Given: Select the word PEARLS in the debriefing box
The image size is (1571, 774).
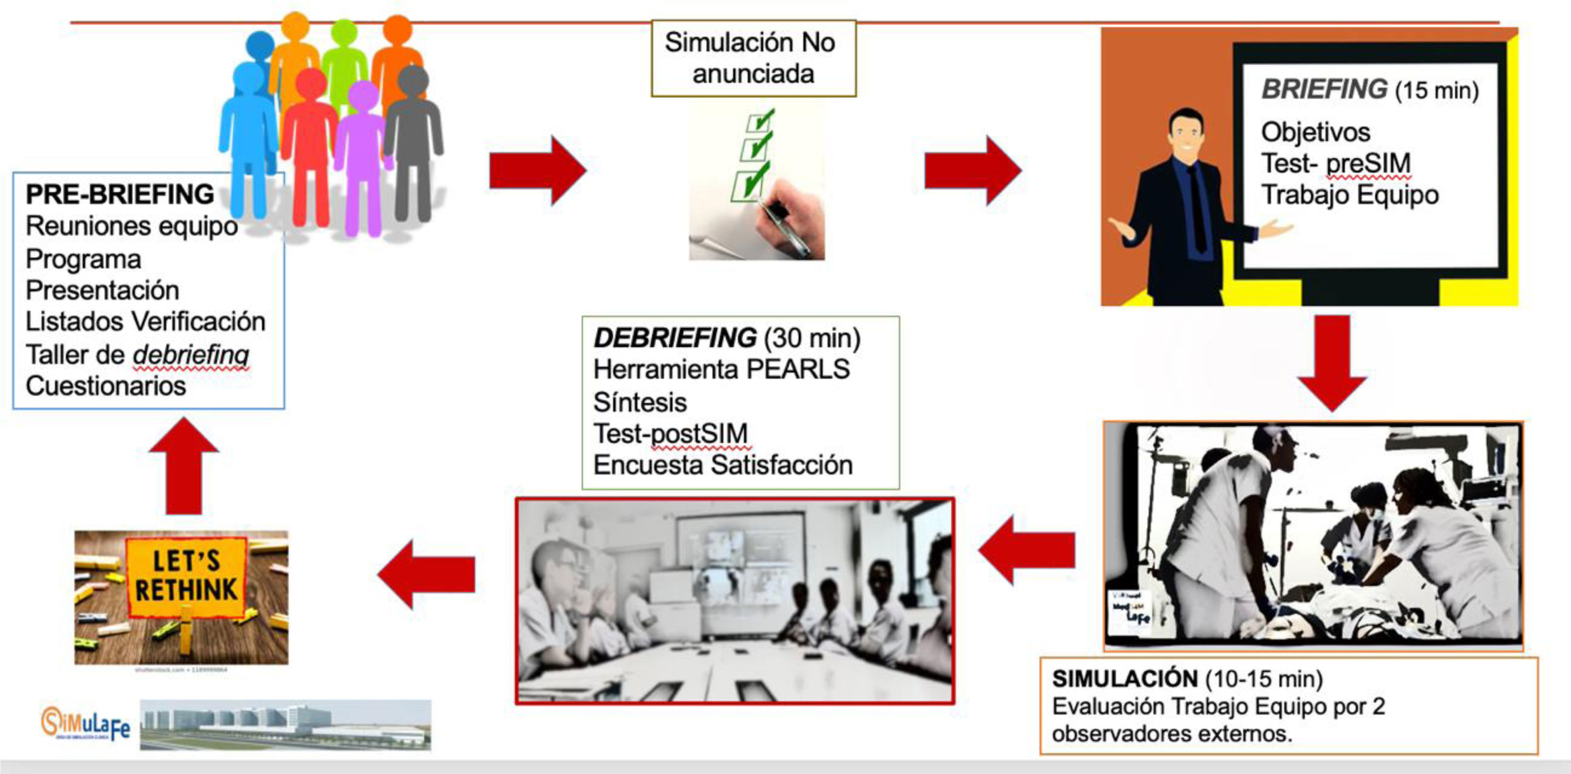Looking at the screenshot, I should [x=798, y=369].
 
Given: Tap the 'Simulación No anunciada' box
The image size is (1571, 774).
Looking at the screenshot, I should [x=753, y=59].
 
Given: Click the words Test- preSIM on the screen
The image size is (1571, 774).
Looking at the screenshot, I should [x=1335, y=163].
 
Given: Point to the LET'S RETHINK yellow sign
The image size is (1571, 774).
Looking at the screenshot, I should [x=186, y=576].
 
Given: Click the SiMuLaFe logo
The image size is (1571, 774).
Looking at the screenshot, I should [x=85, y=724].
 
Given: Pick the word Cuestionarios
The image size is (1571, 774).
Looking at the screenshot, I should [x=106, y=386].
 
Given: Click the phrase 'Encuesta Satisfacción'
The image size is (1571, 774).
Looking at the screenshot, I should [x=723, y=466].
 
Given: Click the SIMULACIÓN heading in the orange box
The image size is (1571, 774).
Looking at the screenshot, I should [x=1125, y=679].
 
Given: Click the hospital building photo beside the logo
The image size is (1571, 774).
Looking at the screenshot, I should [x=285, y=725].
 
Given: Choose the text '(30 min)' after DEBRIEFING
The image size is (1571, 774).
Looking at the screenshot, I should [x=812, y=338].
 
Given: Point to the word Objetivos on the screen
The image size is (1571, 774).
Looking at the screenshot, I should [x=1316, y=132].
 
